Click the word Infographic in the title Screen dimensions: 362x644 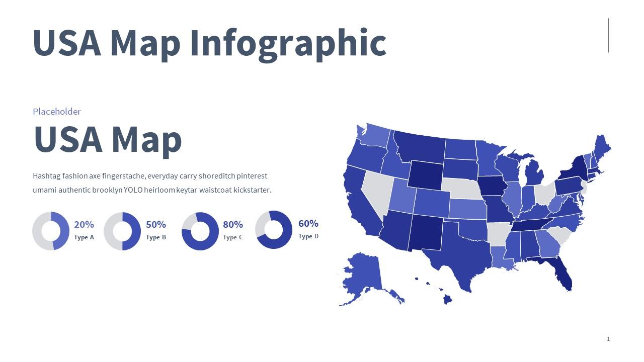[x=288, y=43]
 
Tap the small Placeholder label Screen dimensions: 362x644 [x=57, y=112]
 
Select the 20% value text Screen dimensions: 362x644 [x=84, y=225]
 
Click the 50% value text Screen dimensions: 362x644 [x=156, y=225]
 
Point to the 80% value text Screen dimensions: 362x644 [x=233, y=225]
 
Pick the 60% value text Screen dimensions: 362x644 [x=308, y=224]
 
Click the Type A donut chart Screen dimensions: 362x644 [x=51, y=231]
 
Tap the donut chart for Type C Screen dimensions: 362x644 [x=200, y=231]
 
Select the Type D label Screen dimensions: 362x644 [x=308, y=236]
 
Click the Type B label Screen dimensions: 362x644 [x=156, y=237]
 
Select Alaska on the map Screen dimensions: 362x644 [x=362, y=274]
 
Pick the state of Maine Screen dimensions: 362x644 [x=601, y=148]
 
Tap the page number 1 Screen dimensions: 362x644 [x=608, y=339]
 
